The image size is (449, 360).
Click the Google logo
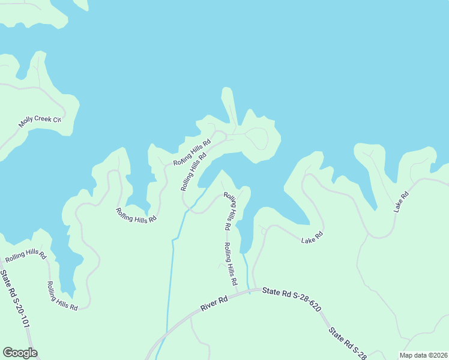point(20,353)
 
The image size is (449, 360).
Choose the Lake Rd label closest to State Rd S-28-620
point(312,237)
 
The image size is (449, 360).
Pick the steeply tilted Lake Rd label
point(401,202)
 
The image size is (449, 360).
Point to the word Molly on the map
point(26,122)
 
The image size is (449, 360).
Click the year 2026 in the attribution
point(439,355)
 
